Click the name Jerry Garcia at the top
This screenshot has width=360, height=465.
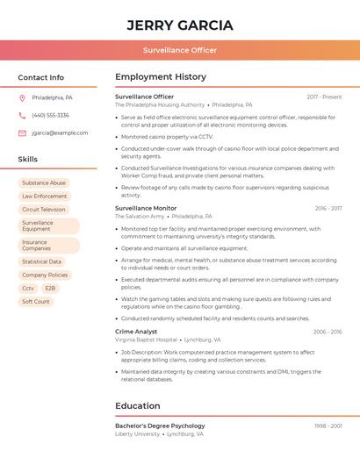pyautogui.click(x=180, y=25)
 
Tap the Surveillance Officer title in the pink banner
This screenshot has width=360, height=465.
pyautogui.click(x=180, y=50)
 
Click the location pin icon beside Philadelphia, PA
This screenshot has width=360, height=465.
pyautogui.click(x=22, y=97)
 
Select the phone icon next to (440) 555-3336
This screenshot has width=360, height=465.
pyautogui.click(x=22, y=115)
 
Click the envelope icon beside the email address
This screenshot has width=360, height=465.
pyautogui.click(x=22, y=133)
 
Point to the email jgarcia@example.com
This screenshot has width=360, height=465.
pyautogui.click(x=60, y=133)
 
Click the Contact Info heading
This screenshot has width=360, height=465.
pyautogui.click(x=40, y=77)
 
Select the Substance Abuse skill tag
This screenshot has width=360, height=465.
pyautogui.click(x=44, y=183)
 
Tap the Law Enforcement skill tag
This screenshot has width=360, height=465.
pyautogui.click(x=44, y=197)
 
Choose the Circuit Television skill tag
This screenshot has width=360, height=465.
pyautogui.click(x=44, y=210)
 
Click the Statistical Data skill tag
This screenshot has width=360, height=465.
pyautogui.click(x=41, y=261)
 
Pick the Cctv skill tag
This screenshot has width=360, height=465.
pyautogui.click(x=28, y=288)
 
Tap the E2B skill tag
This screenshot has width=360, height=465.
pyautogui.click(x=50, y=288)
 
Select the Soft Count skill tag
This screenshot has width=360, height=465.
pyautogui.click(x=36, y=301)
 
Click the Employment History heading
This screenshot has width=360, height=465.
pyautogui.click(x=161, y=77)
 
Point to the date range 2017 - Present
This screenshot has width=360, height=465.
pyautogui.click(x=324, y=97)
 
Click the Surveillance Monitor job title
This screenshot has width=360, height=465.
pyautogui.click(x=146, y=208)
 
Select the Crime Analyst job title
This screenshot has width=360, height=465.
pyautogui.click(x=136, y=332)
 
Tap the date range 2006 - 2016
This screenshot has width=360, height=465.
pyautogui.click(x=327, y=332)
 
